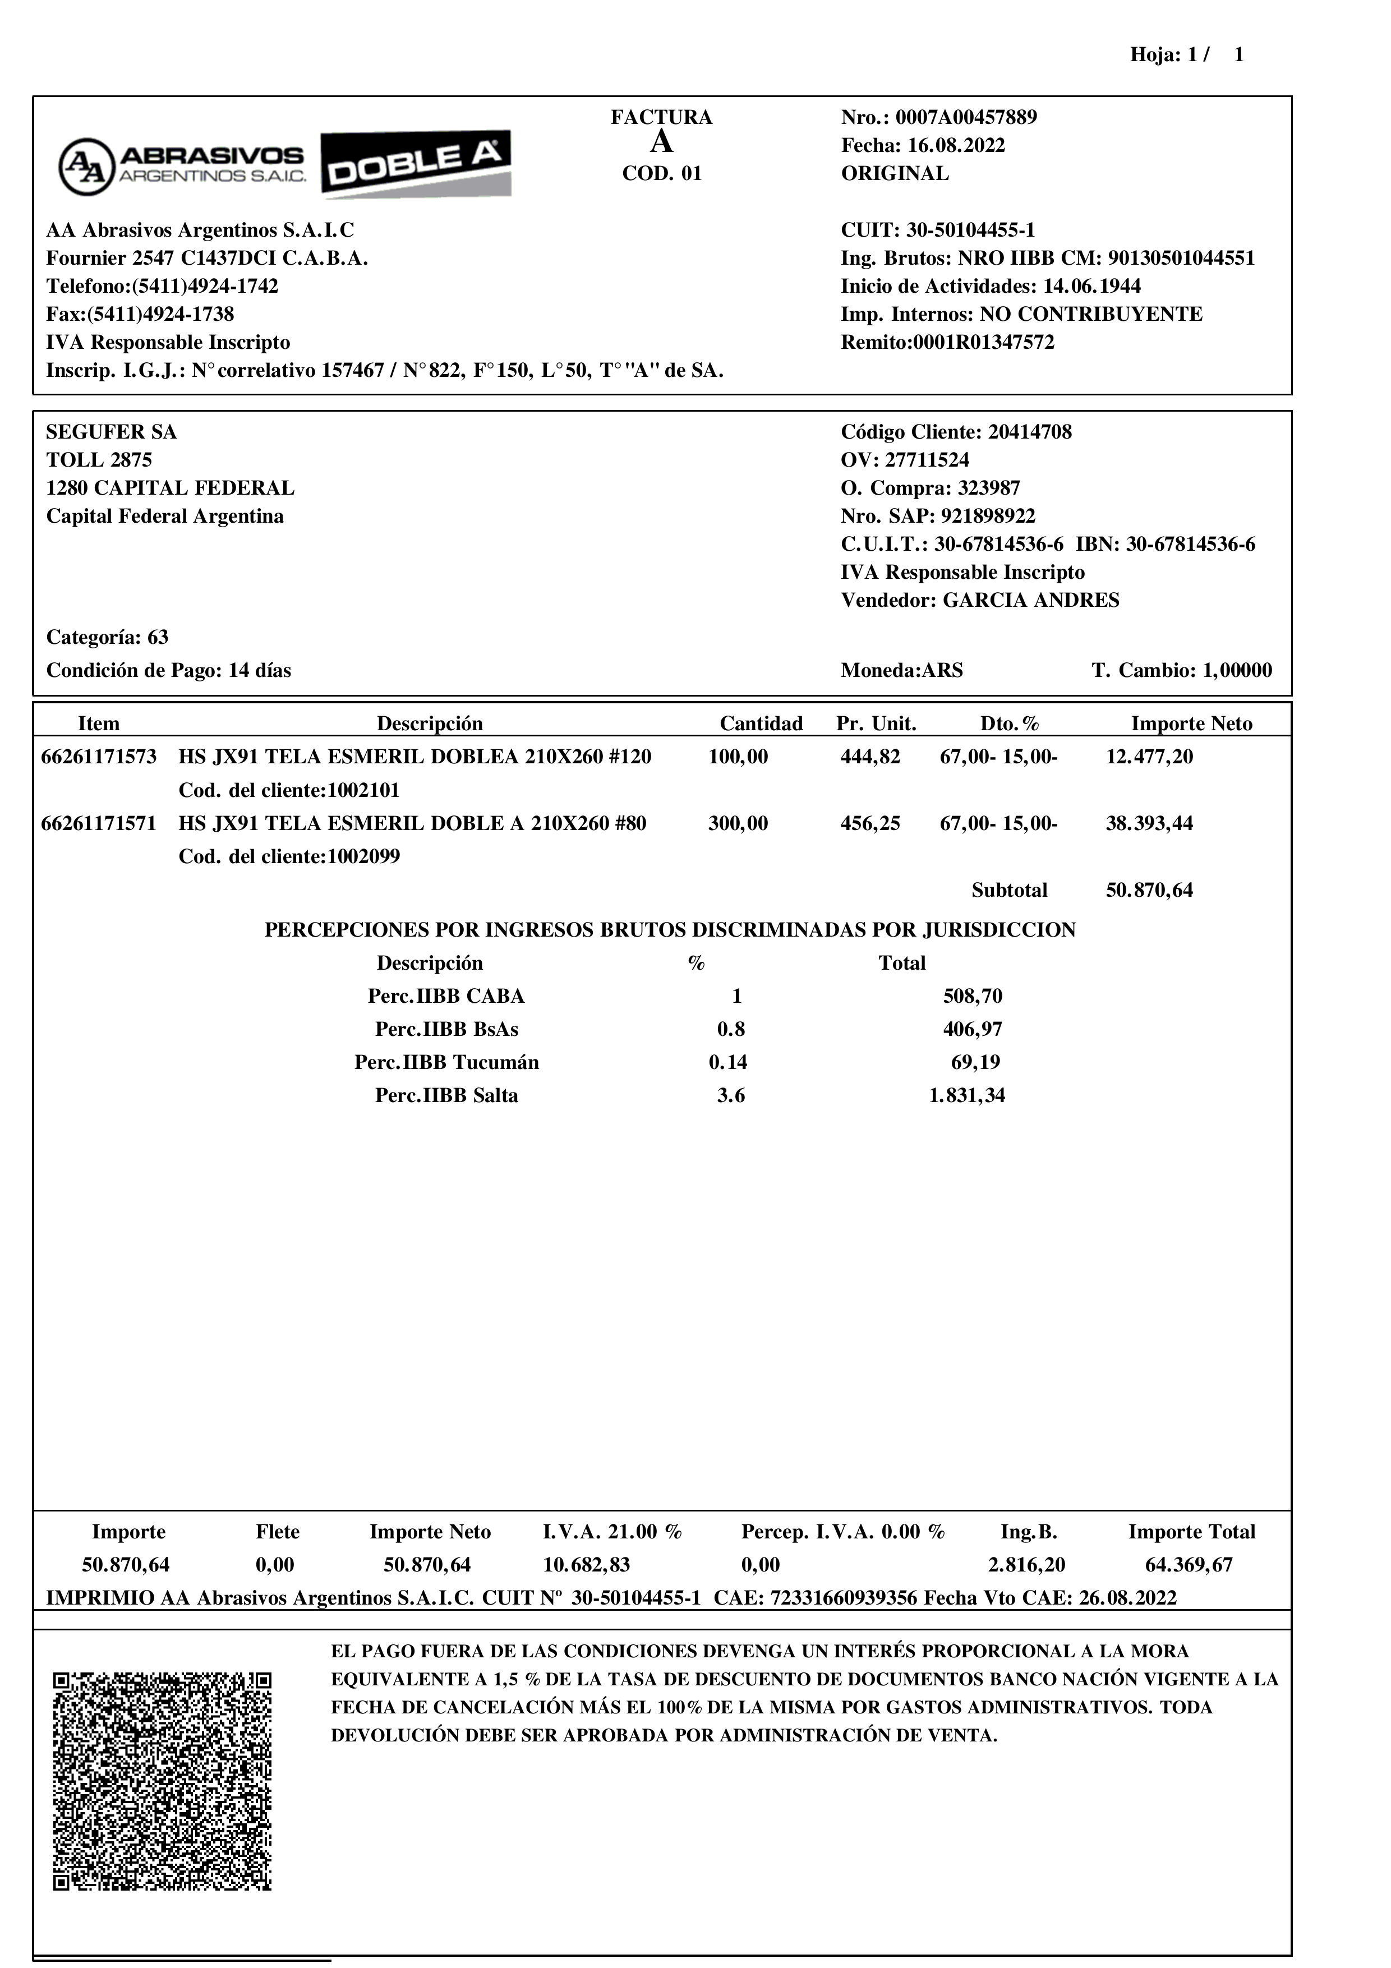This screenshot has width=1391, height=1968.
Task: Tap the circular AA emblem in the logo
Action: click(86, 166)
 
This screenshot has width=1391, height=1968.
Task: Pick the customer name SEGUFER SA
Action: click(112, 432)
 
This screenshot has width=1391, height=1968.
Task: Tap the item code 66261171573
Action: click(99, 757)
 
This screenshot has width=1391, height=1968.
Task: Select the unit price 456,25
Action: click(870, 824)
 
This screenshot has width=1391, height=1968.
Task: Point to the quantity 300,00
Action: click(738, 824)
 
